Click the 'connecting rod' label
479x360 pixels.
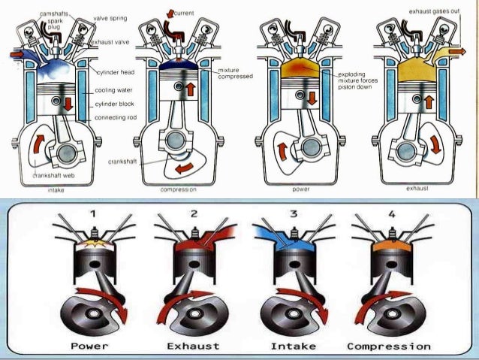(x=115, y=119)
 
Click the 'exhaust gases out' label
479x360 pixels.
(x=435, y=12)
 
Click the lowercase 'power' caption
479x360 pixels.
(x=301, y=189)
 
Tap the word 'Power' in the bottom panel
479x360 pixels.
(x=89, y=346)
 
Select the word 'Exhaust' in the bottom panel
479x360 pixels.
(x=194, y=346)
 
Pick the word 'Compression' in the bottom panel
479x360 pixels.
(x=390, y=346)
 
